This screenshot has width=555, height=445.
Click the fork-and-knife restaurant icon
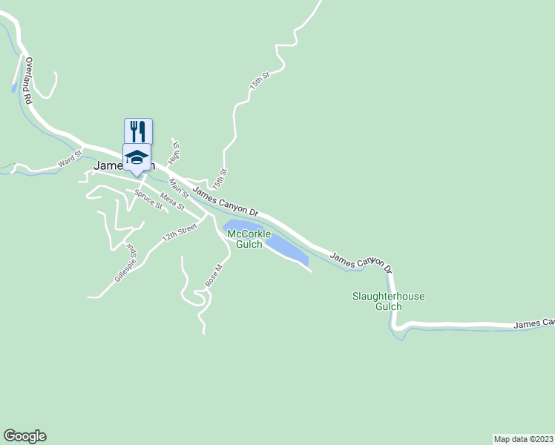[138, 131]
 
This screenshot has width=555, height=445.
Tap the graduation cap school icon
[137, 157]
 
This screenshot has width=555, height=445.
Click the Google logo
[24, 436]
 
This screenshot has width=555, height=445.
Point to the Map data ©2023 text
[523, 438]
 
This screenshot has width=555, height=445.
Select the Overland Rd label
[29, 80]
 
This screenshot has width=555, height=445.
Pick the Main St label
[179, 188]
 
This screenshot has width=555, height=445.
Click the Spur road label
[131, 250]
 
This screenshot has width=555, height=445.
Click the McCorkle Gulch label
[244, 240]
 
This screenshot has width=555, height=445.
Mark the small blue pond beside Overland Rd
[13, 88]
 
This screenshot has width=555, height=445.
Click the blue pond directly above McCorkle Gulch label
[239, 225]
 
